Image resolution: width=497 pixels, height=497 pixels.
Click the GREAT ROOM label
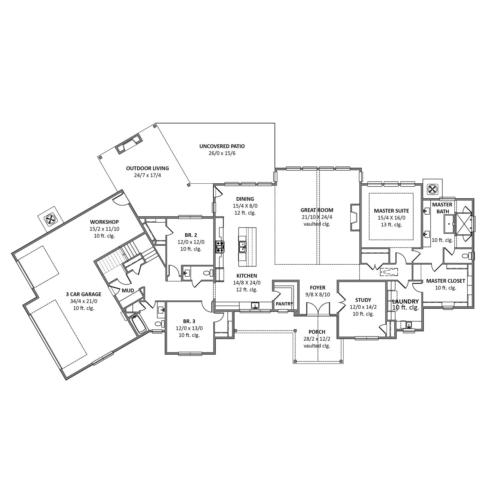tap(317, 210)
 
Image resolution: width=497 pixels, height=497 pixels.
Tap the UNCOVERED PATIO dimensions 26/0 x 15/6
tap(222, 153)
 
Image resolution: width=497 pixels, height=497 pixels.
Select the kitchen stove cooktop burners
tap(220, 247)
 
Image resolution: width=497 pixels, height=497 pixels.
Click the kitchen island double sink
tap(242, 247)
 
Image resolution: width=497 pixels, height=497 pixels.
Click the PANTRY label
tap(284, 304)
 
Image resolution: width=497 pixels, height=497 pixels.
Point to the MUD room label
tap(128, 290)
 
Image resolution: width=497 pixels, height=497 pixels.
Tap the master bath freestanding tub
tap(449, 224)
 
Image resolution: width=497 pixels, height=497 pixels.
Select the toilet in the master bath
tap(466, 256)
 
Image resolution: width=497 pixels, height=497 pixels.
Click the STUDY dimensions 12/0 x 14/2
tap(363, 307)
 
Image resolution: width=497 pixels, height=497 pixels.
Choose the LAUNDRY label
tap(405, 301)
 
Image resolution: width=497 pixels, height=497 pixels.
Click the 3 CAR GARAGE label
tap(83, 294)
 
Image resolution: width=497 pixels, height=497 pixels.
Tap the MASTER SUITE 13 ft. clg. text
tap(392, 224)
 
